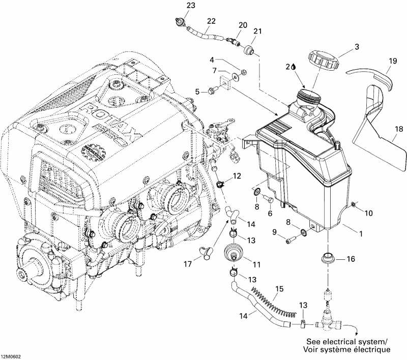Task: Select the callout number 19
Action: point(392,62)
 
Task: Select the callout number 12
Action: point(237,176)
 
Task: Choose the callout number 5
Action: point(197,92)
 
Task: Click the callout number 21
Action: point(258,32)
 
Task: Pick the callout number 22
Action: point(211,21)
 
